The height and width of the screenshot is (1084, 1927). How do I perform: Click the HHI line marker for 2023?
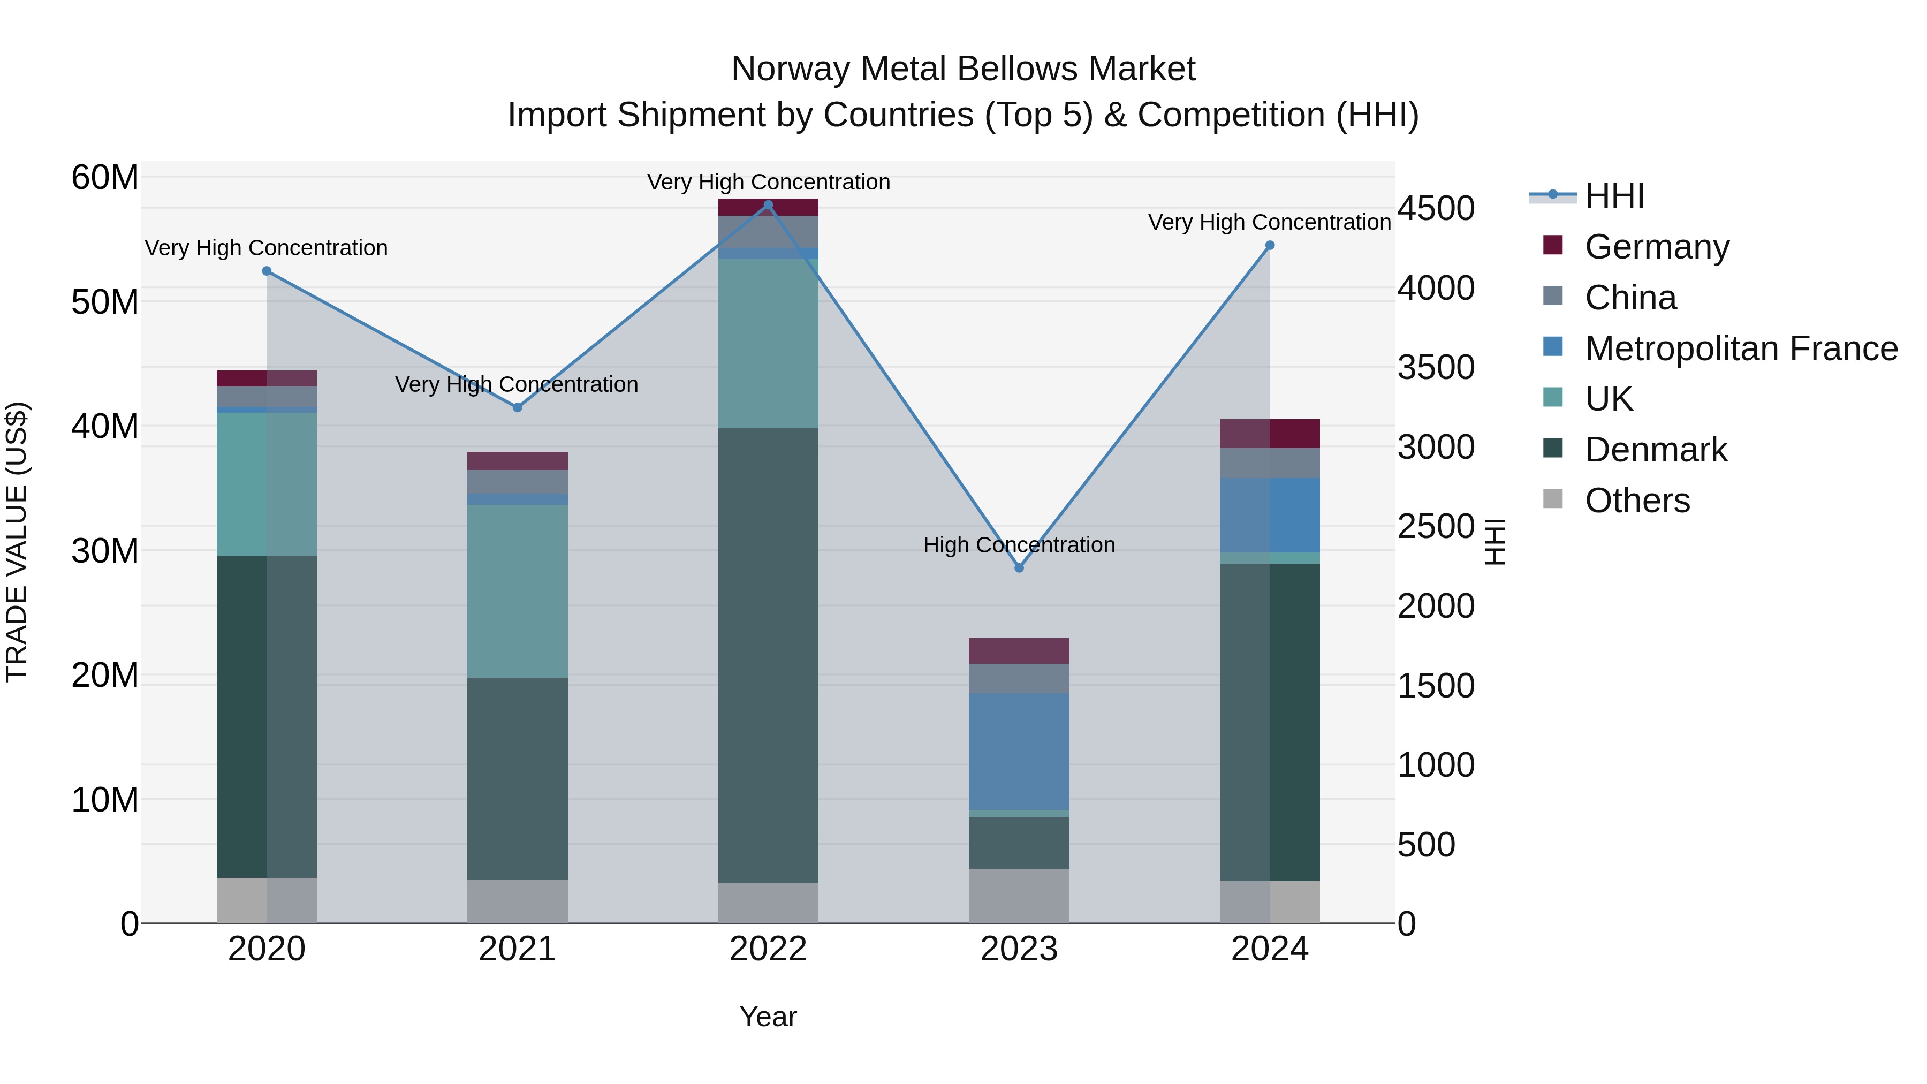click(x=1019, y=568)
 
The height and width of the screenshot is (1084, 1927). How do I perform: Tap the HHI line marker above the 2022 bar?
click(x=768, y=205)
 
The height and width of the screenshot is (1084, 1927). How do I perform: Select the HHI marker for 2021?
click(x=517, y=408)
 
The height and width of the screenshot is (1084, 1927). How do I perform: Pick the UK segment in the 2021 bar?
click(x=517, y=590)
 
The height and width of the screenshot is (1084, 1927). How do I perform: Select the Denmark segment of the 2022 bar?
click(x=768, y=655)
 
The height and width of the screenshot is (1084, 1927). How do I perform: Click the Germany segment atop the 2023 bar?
click(x=1019, y=651)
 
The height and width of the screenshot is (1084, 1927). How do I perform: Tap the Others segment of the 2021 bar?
click(x=517, y=901)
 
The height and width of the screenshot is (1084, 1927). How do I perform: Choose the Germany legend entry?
click(x=1656, y=247)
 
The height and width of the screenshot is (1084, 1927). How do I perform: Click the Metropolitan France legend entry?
click(x=1740, y=348)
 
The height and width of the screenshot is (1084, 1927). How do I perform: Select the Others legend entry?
click(x=1637, y=501)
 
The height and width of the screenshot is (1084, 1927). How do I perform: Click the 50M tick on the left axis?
click(x=105, y=302)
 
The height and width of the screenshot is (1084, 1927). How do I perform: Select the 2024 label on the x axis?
click(x=1270, y=949)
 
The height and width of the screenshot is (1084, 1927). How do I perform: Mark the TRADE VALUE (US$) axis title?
click(x=17, y=542)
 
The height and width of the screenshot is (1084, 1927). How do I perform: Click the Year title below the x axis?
click(x=768, y=1017)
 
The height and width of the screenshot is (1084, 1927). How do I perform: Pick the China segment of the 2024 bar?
click(x=1270, y=463)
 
